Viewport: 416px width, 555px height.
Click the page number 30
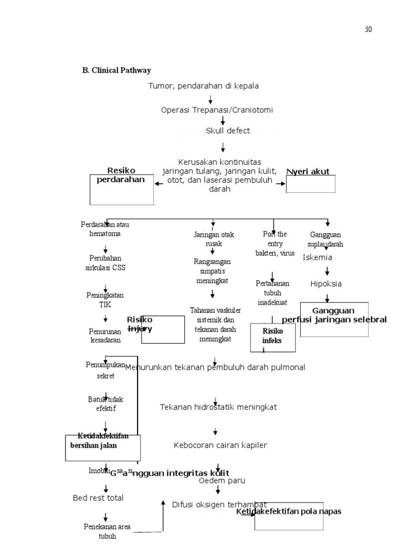point(368,29)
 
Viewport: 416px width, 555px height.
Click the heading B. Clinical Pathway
point(116,70)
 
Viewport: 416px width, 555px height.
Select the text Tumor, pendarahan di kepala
point(204,86)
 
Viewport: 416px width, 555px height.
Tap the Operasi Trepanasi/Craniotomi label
point(217,110)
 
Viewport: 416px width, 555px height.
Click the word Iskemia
point(317,257)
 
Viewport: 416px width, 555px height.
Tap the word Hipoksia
point(326,283)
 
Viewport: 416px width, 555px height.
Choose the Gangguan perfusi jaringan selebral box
point(334,319)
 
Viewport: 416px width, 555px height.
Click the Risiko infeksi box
point(273,338)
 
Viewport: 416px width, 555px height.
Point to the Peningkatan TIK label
point(105,300)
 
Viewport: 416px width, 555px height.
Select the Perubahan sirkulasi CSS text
point(107,263)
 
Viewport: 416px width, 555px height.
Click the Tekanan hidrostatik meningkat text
point(218,407)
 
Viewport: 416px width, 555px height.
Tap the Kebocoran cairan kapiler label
point(220,445)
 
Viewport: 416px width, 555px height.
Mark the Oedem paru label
point(222,480)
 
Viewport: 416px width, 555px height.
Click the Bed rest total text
point(98,498)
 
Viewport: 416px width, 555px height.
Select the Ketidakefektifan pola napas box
point(289,516)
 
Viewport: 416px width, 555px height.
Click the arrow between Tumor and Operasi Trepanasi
point(210,99)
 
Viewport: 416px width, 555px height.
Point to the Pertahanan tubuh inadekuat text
point(272,293)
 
